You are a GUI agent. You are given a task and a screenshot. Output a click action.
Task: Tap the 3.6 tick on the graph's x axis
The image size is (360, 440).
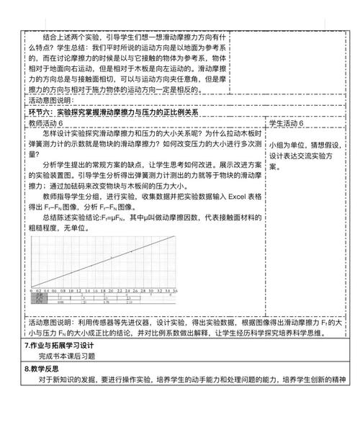(x=174, y=289)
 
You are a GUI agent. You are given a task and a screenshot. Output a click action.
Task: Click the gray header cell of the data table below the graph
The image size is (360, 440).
(x=40, y=295)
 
